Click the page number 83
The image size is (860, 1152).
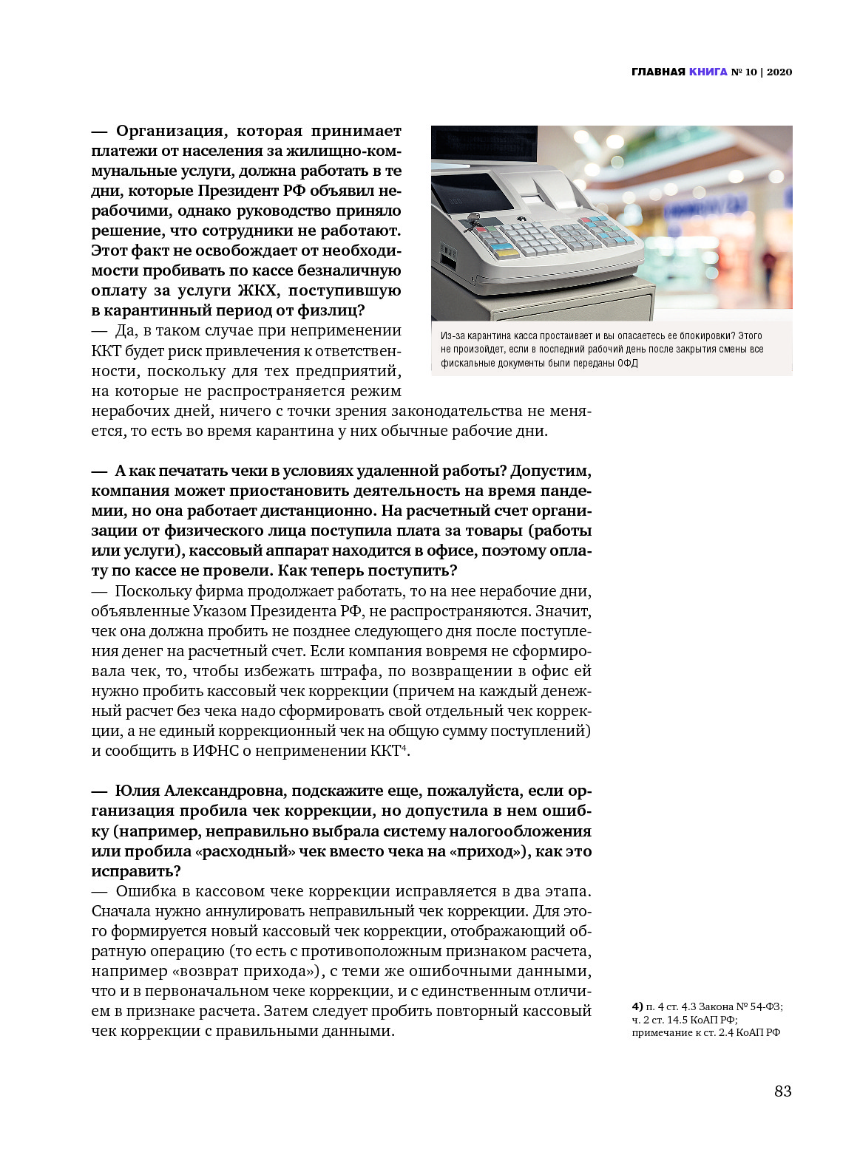(782, 1091)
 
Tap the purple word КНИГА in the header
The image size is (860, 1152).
(708, 72)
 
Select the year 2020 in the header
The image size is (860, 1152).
(779, 72)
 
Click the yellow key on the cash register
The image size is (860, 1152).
(505, 253)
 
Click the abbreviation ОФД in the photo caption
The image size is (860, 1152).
(627, 363)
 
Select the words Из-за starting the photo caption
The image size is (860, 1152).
(453, 336)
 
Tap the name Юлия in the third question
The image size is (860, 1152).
(138, 791)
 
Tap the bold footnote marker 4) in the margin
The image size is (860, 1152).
(637, 1006)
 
